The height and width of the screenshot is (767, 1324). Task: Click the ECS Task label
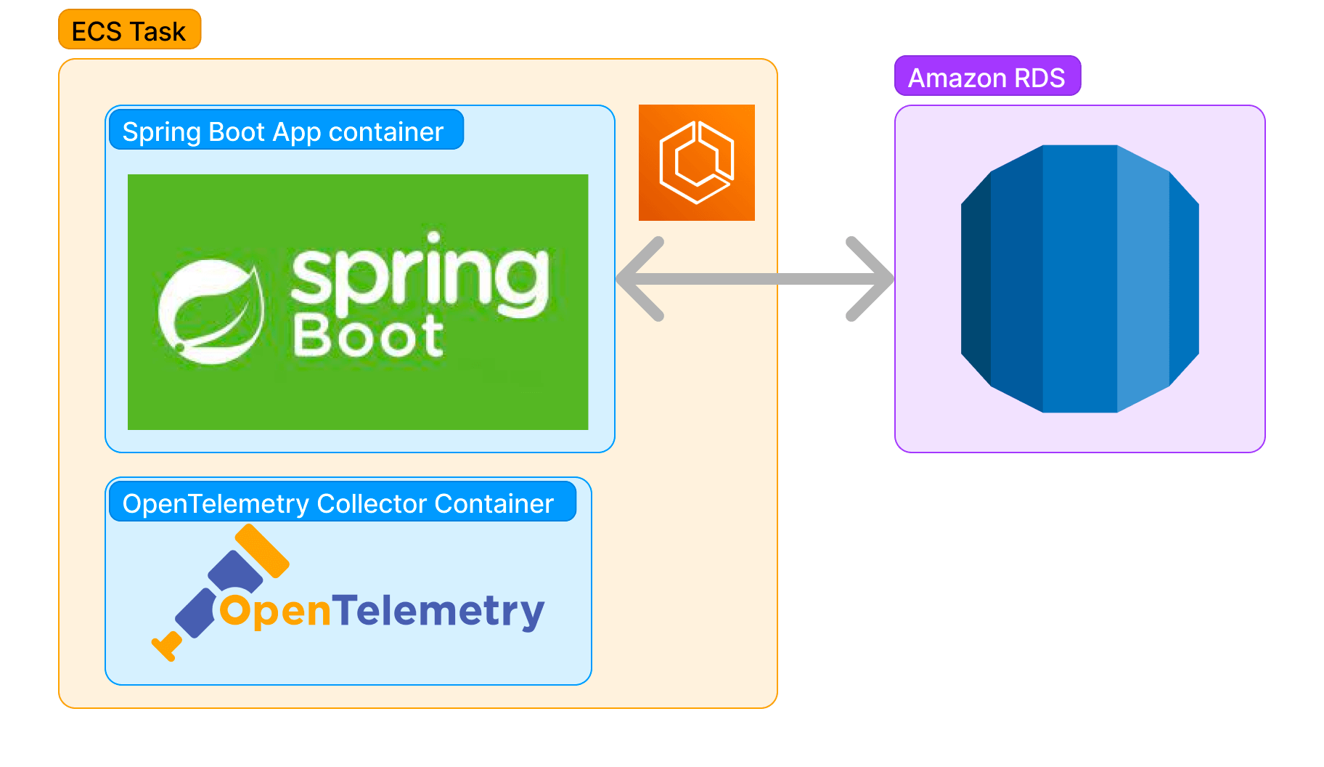click(129, 31)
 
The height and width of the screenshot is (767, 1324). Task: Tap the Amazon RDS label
click(986, 77)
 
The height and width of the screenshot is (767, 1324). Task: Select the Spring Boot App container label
click(283, 131)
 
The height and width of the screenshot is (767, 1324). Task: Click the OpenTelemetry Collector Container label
click(338, 503)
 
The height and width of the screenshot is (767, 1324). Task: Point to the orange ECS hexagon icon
click(697, 163)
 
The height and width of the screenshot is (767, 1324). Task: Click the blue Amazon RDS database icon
click(1080, 279)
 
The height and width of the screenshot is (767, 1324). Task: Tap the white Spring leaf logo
click(211, 312)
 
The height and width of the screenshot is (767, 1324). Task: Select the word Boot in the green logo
click(369, 336)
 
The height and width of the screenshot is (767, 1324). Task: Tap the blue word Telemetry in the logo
click(438, 610)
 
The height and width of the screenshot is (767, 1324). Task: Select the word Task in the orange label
click(158, 31)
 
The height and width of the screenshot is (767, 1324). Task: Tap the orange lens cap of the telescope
click(261, 550)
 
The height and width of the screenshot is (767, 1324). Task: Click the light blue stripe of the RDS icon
click(1143, 279)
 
